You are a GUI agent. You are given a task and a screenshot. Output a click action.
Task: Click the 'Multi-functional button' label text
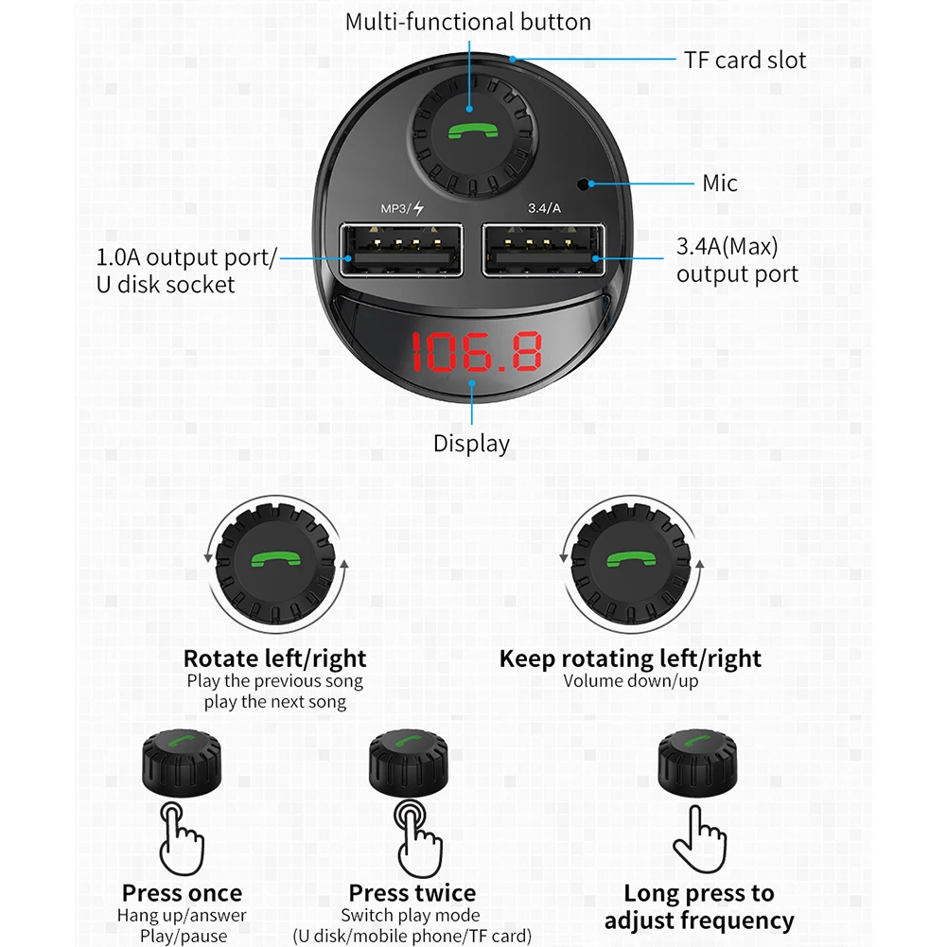467,22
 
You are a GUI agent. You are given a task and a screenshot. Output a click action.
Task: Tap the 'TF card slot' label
745,61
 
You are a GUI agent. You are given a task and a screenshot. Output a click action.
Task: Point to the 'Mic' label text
720,183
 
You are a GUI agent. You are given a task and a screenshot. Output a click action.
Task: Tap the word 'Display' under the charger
471,443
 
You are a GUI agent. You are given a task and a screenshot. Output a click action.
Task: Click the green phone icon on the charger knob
469,132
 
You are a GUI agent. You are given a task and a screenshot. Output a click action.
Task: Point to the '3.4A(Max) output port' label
737,261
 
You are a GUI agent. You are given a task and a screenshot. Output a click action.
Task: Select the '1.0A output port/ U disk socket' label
186,270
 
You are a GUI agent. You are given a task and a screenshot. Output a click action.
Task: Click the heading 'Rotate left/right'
274,658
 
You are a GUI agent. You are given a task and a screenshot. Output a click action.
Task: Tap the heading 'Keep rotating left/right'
630,658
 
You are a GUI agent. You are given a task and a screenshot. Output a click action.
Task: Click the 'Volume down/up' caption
630,681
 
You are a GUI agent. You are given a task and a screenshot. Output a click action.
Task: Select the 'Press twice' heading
412,892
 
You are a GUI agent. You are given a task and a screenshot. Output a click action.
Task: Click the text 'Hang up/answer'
182,915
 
